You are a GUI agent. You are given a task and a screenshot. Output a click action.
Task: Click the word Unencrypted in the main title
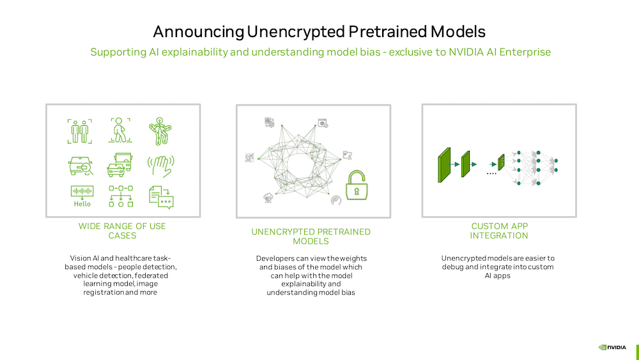point(296,32)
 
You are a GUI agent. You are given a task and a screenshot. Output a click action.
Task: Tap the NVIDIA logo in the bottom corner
point(612,347)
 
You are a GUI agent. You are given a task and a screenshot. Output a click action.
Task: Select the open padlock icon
point(357,185)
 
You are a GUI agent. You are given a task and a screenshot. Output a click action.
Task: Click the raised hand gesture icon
point(161,166)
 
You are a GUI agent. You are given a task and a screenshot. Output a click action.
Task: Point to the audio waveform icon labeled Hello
point(82,196)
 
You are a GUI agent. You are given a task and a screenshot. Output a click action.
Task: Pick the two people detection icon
point(80,131)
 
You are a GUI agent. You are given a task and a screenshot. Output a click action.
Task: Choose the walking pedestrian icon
point(120,130)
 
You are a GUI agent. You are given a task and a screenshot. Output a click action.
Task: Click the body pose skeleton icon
point(160,131)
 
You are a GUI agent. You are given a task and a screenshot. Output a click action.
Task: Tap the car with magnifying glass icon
point(81,166)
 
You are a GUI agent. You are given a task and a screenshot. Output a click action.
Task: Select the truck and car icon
point(120,165)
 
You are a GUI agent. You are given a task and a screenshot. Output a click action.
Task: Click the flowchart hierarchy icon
point(121,196)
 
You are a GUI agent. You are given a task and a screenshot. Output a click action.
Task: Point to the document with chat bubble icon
point(161,198)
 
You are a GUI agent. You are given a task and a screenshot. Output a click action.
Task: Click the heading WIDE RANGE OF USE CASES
point(122,231)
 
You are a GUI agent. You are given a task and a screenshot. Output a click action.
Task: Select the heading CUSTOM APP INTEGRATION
point(499,231)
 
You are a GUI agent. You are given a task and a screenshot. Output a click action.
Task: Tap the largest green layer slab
point(444,165)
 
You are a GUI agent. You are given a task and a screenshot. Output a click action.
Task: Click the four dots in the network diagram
point(491,174)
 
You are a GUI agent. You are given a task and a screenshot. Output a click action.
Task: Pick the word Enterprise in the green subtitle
point(525,52)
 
